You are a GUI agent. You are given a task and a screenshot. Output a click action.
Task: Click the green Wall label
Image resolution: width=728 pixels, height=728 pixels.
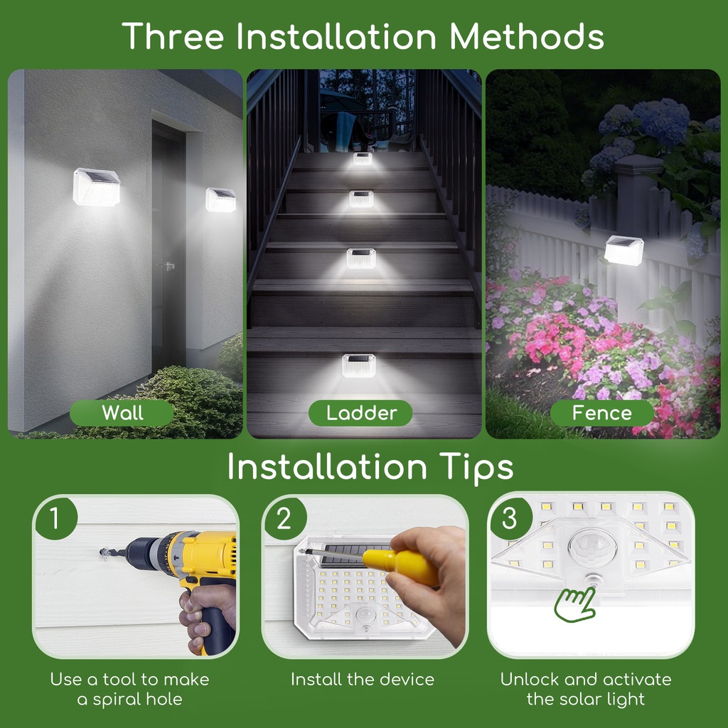tap(122, 413)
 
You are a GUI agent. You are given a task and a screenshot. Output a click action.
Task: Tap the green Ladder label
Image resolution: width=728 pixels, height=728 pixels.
tap(361, 413)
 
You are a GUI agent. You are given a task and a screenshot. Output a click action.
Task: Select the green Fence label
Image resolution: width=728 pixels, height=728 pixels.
tap(601, 413)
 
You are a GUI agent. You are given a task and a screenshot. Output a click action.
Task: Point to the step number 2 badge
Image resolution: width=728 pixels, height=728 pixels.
tap(284, 519)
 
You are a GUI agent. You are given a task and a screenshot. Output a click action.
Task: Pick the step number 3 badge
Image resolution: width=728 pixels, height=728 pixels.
tap(509, 519)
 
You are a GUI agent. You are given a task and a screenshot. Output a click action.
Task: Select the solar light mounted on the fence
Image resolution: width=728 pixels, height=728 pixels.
tap(623, 250)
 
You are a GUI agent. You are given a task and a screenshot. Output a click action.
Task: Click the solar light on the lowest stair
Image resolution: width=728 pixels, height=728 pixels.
tap(358, 365)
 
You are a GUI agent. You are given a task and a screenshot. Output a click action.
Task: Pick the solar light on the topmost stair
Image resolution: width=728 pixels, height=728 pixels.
tap(363, 159)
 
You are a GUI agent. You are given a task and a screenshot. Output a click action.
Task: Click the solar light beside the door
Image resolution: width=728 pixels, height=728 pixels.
tap(220, 200)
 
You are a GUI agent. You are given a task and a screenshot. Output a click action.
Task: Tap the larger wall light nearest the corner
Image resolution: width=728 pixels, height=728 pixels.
tap(96, 186)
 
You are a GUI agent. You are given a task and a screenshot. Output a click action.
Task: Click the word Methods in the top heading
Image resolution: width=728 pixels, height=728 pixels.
tap(527, 36)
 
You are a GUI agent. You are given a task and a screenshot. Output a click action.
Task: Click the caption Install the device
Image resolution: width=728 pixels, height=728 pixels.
tap(362, 679)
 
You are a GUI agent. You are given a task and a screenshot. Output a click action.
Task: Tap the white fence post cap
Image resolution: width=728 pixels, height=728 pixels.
tap(638, 164)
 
